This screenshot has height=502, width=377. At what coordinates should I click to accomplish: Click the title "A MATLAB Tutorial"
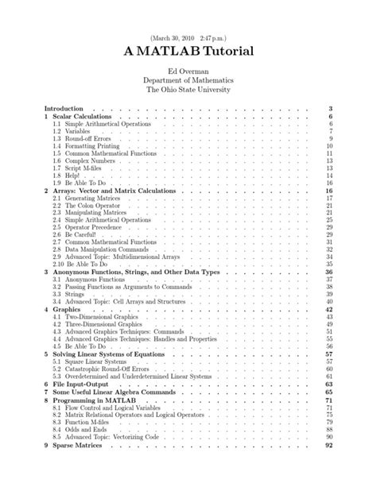(188, 51)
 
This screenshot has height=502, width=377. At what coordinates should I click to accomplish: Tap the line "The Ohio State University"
(188, 90)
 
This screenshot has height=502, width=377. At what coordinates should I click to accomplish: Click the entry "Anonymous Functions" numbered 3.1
(91, 280)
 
